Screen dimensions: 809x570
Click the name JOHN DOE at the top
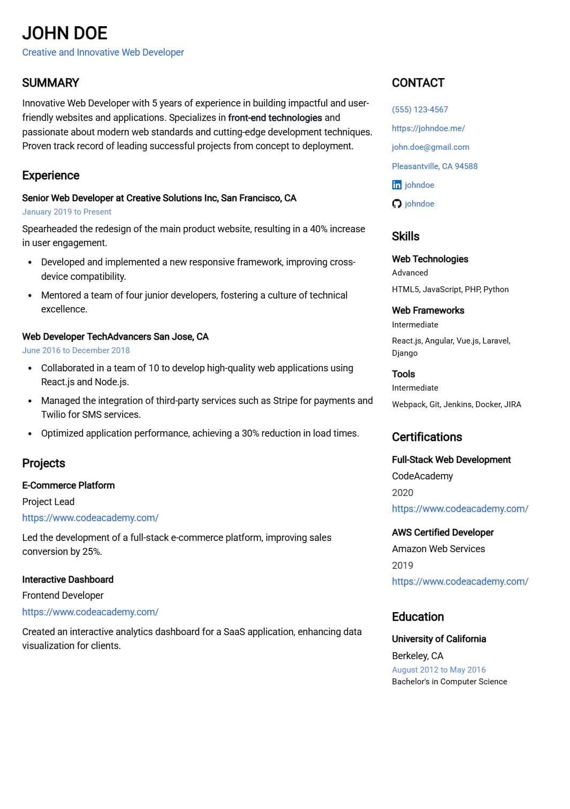(x=65, y=33)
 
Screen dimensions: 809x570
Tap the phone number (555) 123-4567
(x=420, y=110)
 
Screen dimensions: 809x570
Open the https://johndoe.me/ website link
(x=428, y=128)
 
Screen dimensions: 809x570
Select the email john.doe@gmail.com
(x=430, y=147)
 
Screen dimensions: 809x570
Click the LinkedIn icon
(x=397, y=185)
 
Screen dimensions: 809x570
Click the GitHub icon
(x=397, y=204)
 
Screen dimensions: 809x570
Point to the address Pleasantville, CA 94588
(x=435, y=166)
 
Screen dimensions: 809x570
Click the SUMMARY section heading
(x=51, y=83)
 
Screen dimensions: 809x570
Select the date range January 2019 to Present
(x=67, y=212)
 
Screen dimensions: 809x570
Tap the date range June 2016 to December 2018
(x=76, y=350)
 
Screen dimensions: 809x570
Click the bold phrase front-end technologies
(x=275, y=118)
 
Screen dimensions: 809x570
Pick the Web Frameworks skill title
(x=428, y=310)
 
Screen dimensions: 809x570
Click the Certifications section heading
(x=427, y=437)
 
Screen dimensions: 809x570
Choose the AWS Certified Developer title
(x=443, y=532)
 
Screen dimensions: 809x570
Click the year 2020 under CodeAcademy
(x=402, y=493)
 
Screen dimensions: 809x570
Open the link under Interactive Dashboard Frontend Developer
(x=90, y=612)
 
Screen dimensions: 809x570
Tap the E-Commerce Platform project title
(x=69, y=485)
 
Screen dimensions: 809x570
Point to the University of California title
(x=439, y=639)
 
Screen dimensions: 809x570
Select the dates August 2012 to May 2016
(x=439, y=670)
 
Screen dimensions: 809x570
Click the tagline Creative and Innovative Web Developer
(x=103, y=52)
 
